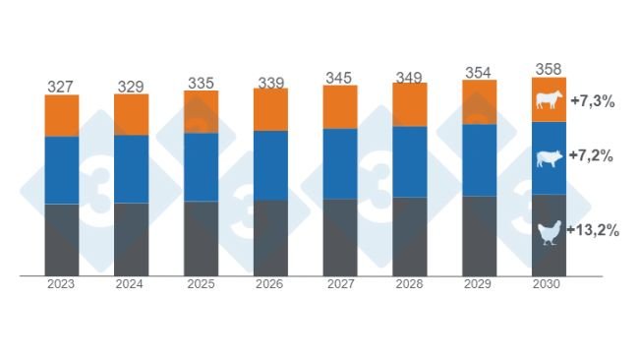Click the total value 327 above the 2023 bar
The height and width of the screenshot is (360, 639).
pyautogui.click(x=61, y=88)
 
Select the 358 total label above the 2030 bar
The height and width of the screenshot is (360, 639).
pyautogui.click(x=549, y=69)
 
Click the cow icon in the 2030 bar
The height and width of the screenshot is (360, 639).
pyautogui.click(x=549, y=99)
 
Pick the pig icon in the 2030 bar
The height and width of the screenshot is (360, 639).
pyautogui.click(x=549, y=157)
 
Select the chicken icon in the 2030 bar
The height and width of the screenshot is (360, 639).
pyautogui.click(x=549, y=233)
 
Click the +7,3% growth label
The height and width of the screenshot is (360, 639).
pyautogui.click(x=592, y=100)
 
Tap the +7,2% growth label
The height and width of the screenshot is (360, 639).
pyautogui.click(x=592, y=155)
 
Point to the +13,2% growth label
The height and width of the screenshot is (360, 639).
pyautogui.click(x=596, y=231)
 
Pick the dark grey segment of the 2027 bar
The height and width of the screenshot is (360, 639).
pyautogui.click(x=340, y=237)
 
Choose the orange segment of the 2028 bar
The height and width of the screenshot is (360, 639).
pyautogui.click(x=410, y=104)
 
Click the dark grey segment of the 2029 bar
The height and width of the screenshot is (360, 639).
pyautogui.click(x=479, y=236)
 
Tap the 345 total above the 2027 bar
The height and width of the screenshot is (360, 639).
pyautogui.click(x=340, y=75)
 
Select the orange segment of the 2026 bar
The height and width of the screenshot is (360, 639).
pyautogui.click(x=270, y=109)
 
